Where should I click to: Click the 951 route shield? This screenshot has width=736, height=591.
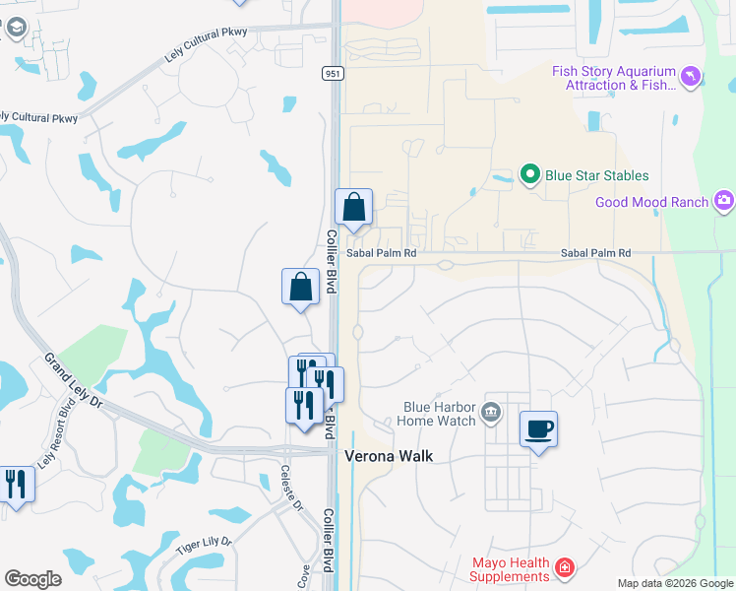(x=331, y=73)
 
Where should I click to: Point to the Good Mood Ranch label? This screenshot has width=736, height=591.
(x=651, y=202)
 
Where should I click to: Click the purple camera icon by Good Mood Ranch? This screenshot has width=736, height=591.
(x=725, y=201)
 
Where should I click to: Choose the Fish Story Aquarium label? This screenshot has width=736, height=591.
(x=614, y=78)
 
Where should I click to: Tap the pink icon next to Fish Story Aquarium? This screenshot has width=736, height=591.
(x=693, y=75)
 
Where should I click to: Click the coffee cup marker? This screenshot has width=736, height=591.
(x=538, y=429)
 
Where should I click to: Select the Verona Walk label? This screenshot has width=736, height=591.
(x=388, y=457)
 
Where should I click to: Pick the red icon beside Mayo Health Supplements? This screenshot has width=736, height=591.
(x=564, y=567)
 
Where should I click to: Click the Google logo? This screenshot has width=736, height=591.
(x=32, y=579)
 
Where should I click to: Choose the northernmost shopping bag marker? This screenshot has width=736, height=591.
(x=354, y=208)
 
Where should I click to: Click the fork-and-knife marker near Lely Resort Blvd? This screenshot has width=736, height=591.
(x=17, y=485)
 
